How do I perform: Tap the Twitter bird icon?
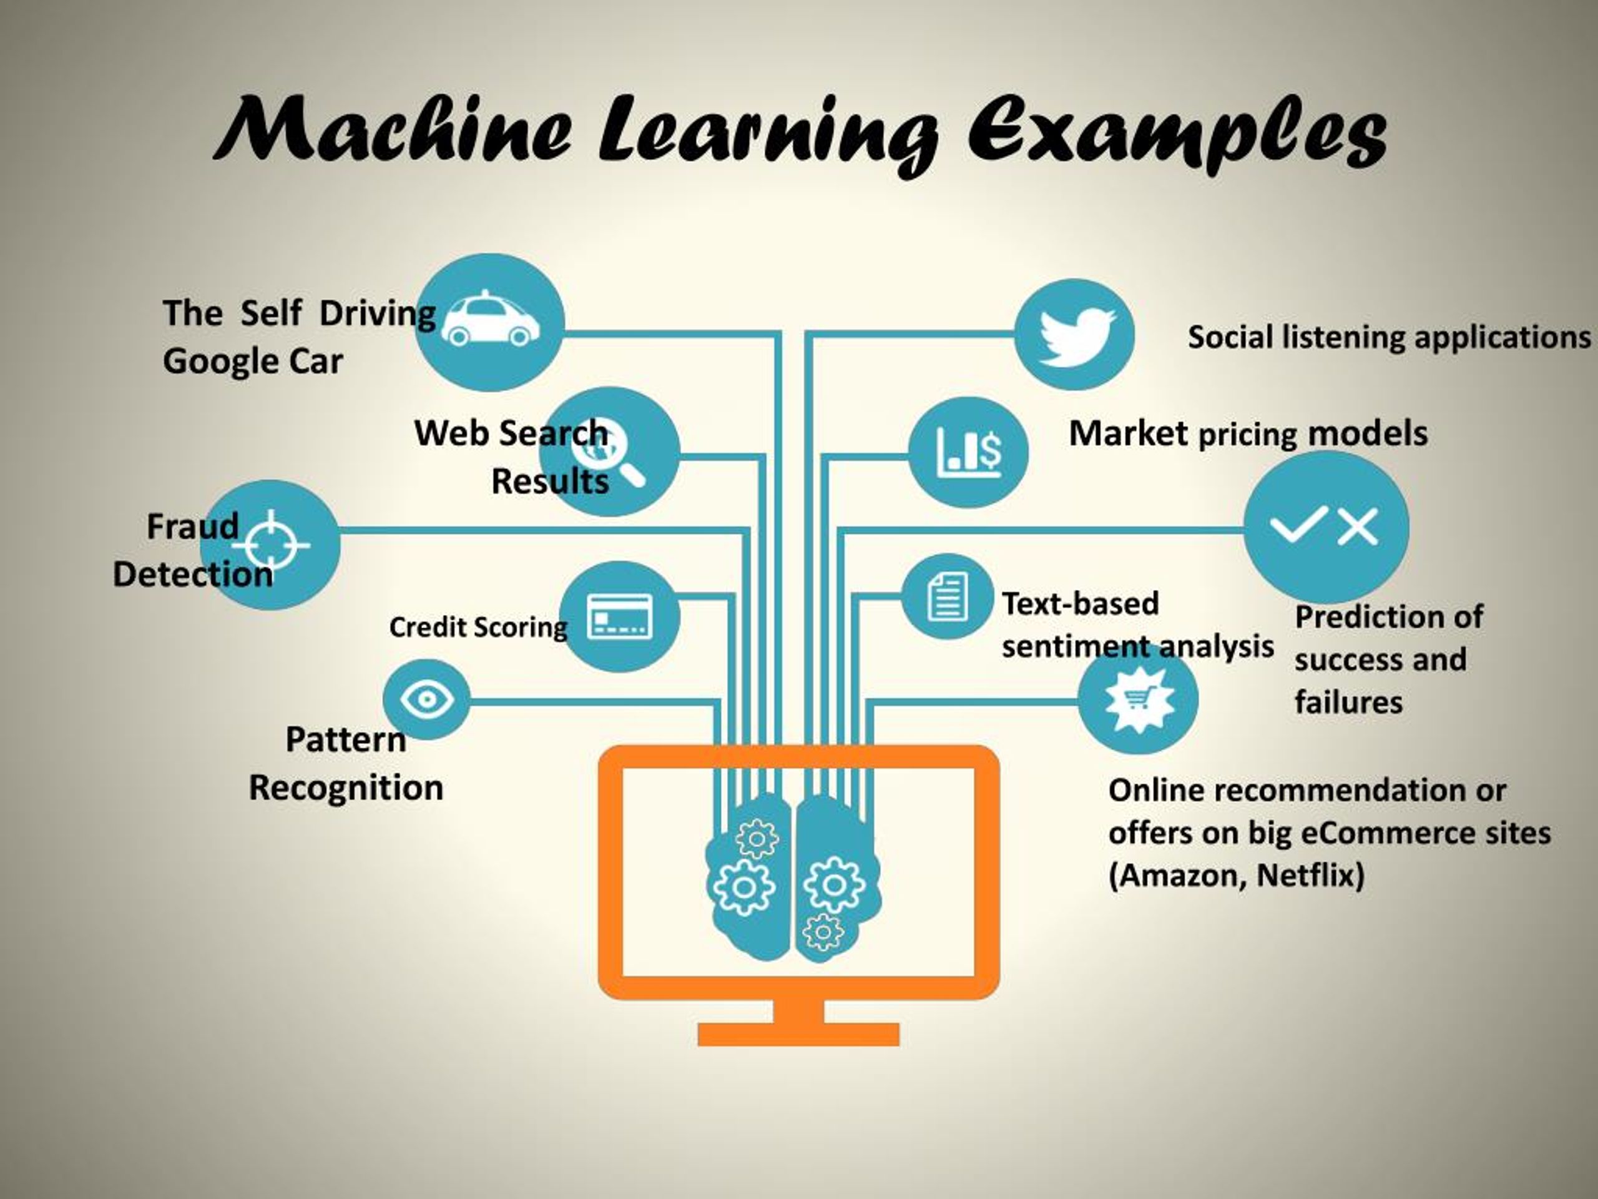(1076, 336)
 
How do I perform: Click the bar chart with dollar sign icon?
(969, 451)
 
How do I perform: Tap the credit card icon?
(620, 616)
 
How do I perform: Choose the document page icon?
(947, 596)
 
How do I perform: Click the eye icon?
(426, 699)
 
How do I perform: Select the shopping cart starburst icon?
(1138, 698)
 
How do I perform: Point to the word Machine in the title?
(395, 130)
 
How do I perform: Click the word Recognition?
(346, 787)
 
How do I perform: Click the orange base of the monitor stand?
(798, 1034)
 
